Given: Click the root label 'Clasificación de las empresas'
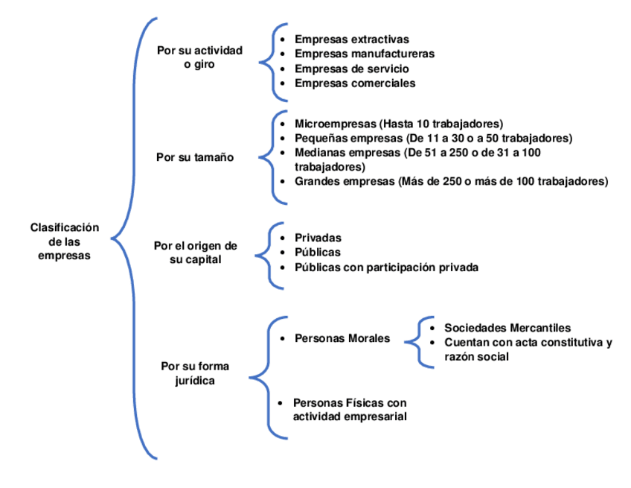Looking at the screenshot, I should (64, 241).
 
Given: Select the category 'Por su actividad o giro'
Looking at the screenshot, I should (199, 57).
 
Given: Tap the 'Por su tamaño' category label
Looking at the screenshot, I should (195, 157).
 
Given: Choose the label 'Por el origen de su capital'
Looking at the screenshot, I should (195, 252).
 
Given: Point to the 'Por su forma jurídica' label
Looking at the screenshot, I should (195, 373).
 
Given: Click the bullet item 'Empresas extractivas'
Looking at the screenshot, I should (351, 39).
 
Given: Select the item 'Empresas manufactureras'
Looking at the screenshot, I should (364, 54).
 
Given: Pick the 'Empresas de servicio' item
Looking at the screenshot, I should (351, 69).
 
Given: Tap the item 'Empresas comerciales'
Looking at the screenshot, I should (355, 83).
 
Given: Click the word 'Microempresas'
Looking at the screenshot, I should (335, 123).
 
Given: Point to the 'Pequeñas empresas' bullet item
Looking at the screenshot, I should (343, 138).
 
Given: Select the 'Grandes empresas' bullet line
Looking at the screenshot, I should (343, 181).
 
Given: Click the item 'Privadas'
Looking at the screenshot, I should (318, 238).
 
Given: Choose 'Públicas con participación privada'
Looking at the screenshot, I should (386, 267).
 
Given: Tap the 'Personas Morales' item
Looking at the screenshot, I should (342, 338).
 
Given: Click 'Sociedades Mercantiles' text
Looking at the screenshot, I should (507, 327).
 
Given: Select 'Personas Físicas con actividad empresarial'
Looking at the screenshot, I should (350, 409).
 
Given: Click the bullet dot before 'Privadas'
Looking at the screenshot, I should (281, 238).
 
